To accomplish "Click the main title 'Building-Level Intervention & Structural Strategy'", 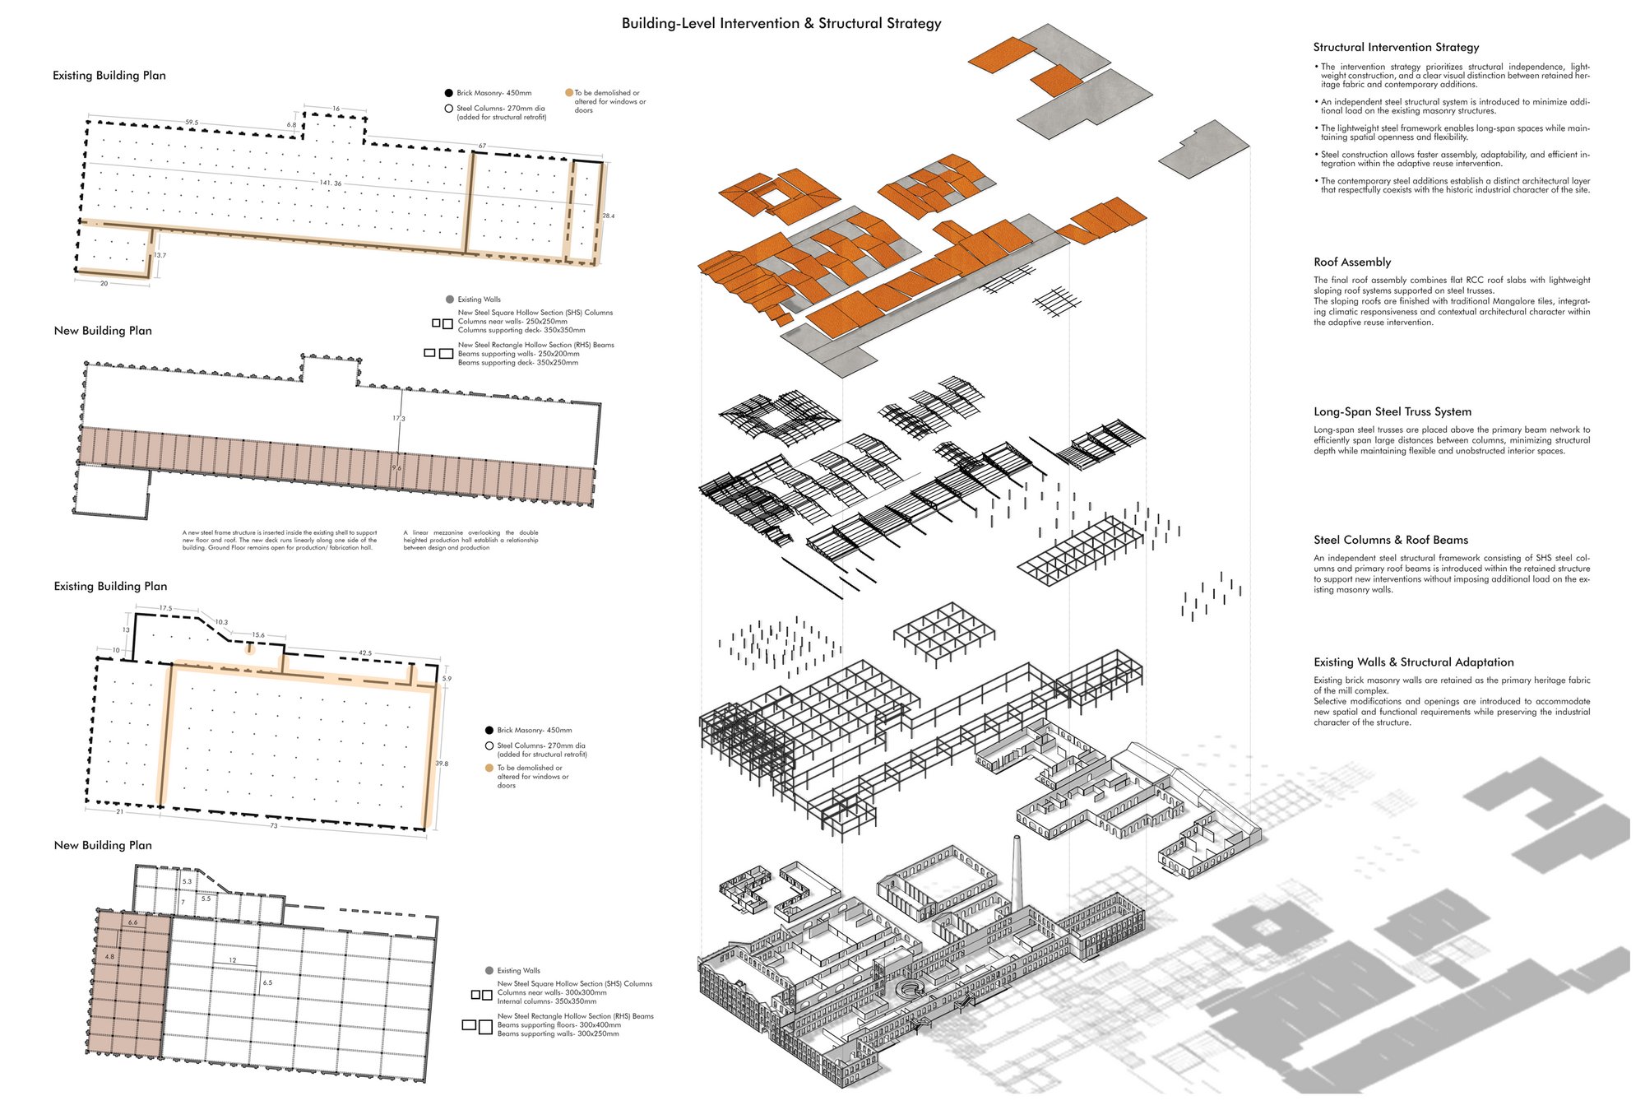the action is (x=781, y=24).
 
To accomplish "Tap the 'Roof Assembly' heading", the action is (x=1352, y=262).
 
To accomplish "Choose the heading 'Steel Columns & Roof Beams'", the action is (x=1391, y=541).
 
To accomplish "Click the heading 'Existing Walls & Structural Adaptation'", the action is (x=1414, y=662).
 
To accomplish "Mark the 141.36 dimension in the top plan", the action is (x=331, y=183).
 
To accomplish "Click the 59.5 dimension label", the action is (x=192, y=123).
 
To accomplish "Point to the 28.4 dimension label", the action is (x=609, y=216).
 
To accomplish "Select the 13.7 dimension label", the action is (x=160, y=256).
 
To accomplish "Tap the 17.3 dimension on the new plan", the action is (x=399, y=419).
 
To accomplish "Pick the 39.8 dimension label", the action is (x=442, y=764).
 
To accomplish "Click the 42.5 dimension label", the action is (x=365, y=653).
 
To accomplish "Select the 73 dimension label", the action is (x=274, y=825).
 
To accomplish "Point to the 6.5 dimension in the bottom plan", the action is (x=267, y=982).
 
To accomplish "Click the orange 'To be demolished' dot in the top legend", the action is (x=569, y=93).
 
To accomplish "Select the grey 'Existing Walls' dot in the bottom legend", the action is (x=489, y=971).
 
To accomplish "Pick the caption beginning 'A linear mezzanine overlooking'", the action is (x=470, y=541).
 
